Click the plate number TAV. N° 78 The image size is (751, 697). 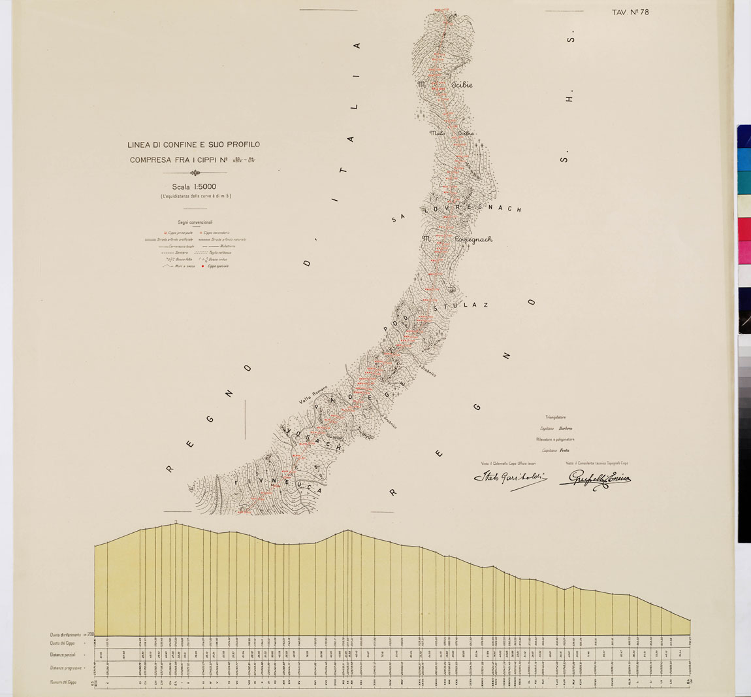pos(630,12)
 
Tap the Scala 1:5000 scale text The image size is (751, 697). pos(194,186)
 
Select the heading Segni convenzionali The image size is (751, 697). pos(195,222)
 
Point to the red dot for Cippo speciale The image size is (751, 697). pos(203,266)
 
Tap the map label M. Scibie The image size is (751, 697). pos(445,85)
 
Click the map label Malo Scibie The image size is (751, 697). pos(451,133)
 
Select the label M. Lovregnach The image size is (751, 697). pos(456,239)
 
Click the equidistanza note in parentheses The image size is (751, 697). pos(194,196)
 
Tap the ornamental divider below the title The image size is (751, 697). pos(194,173)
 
